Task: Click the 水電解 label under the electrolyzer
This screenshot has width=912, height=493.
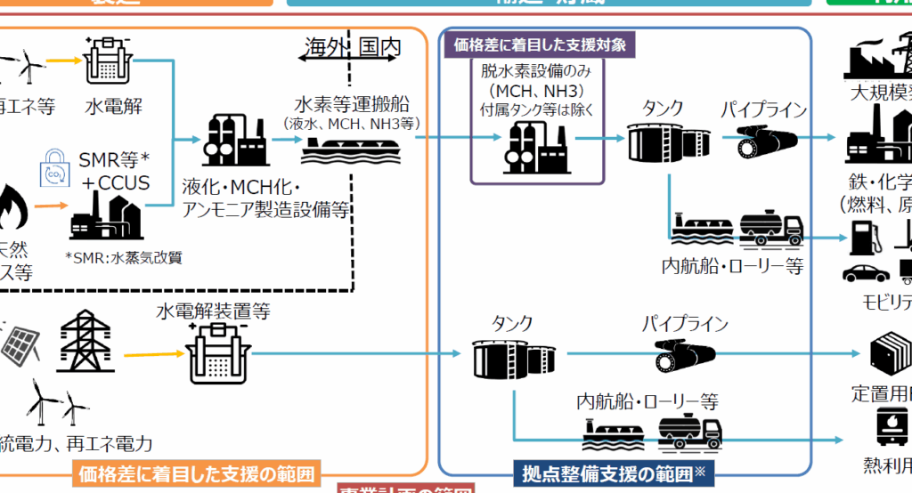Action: pyautogui.click(x=114, y=107)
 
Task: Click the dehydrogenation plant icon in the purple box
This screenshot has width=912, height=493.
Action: pyautogui.click(x=537, y=143)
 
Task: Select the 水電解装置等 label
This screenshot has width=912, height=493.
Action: pyautogui.click(x=212, y=311)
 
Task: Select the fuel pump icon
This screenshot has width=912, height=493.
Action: pyautogui.click(x=862, y=238)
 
